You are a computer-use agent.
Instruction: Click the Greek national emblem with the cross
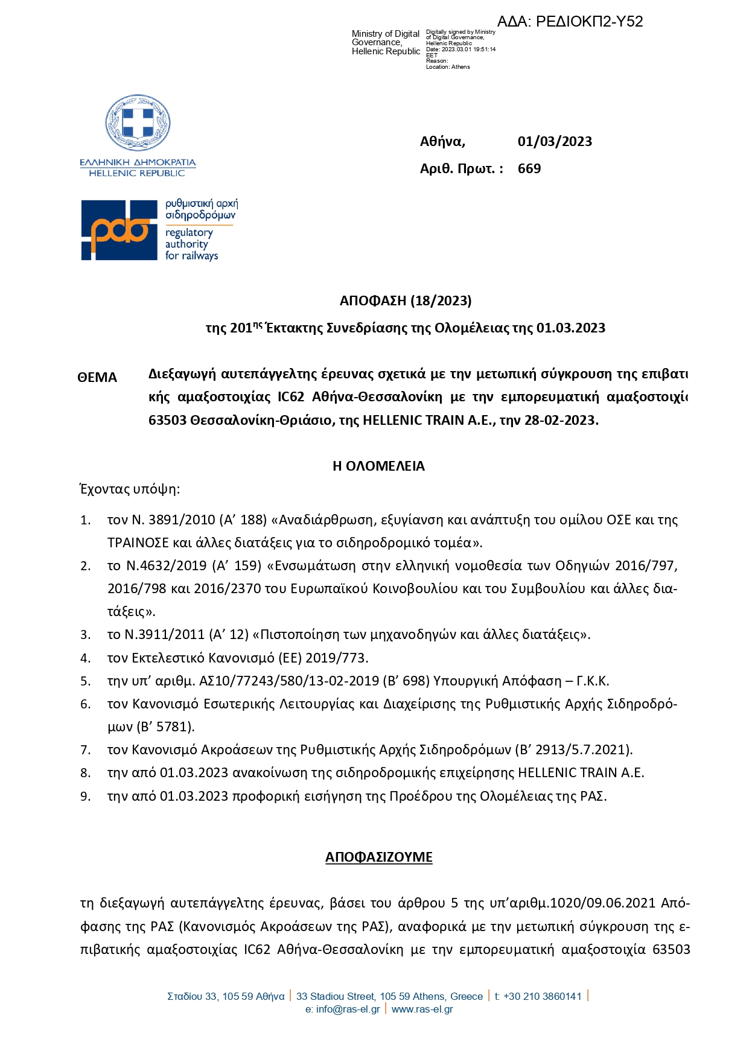tap(138, 123)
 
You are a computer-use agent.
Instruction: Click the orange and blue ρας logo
tap(119, 230)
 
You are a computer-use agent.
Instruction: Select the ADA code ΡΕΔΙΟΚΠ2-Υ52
tap(589, 22)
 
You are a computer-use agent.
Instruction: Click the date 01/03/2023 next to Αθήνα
tap(555, 142)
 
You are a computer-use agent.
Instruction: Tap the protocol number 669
tap(529, 169)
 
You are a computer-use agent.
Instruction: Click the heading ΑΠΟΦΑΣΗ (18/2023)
tap(405, 301)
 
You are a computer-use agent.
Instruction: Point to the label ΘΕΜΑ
tap(97, 378)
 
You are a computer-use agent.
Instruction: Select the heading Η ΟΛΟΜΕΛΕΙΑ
tap(378, 466)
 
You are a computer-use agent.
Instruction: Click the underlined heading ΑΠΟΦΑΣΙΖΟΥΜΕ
tap(378, 857)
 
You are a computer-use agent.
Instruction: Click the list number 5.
tap(85, 681)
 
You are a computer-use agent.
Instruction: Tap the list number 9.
tap(85, 797)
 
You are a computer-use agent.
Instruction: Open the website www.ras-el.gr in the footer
tap(422, 1009)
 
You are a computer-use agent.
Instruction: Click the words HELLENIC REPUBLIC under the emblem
tap(137, 173)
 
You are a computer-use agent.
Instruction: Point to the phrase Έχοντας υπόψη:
tap(130, 489)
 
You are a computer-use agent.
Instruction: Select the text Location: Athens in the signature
tap(448, 67)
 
